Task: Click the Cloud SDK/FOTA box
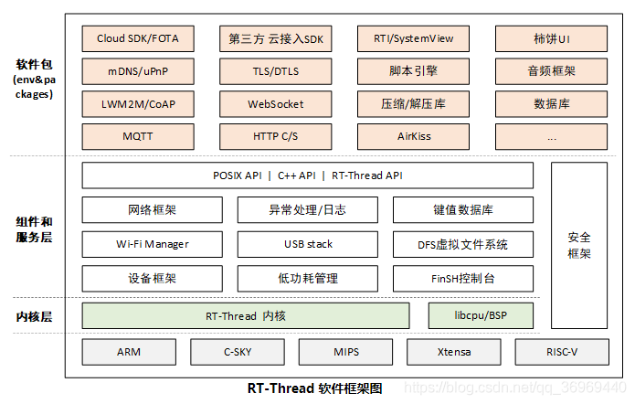tap(137, 39)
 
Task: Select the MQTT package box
tap(137, 136)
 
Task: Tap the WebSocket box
tap(275, 104)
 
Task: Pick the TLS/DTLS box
tap(275, 71)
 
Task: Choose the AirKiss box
tap(413, 136)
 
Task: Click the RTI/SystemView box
tap(413, 39)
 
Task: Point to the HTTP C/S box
tap(275, 136)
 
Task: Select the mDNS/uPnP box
tap(137, 71)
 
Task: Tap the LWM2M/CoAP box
tap(137, 104)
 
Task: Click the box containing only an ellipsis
tap(551, 136)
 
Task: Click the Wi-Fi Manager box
tap(152, 244)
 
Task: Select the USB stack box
tap(308, 244)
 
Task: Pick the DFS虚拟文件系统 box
tap(463, 244)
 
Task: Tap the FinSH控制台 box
tap(463, 278)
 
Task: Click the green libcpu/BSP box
tap(481, 315)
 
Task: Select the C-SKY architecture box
tap(237, 352)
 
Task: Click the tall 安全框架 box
tap(579, 245)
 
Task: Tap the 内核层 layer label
tap(35, 316)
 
